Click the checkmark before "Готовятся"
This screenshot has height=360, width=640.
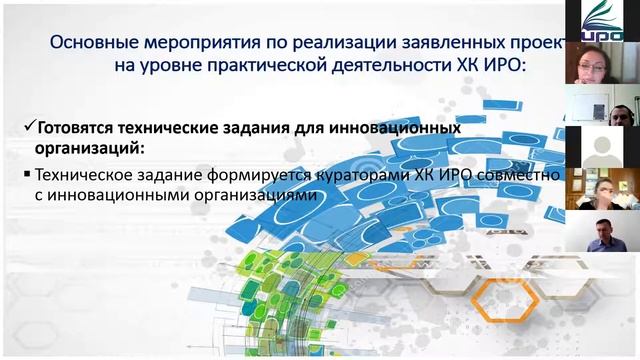[x=28, y=128]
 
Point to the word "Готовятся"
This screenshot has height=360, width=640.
[x=81, y=128]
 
